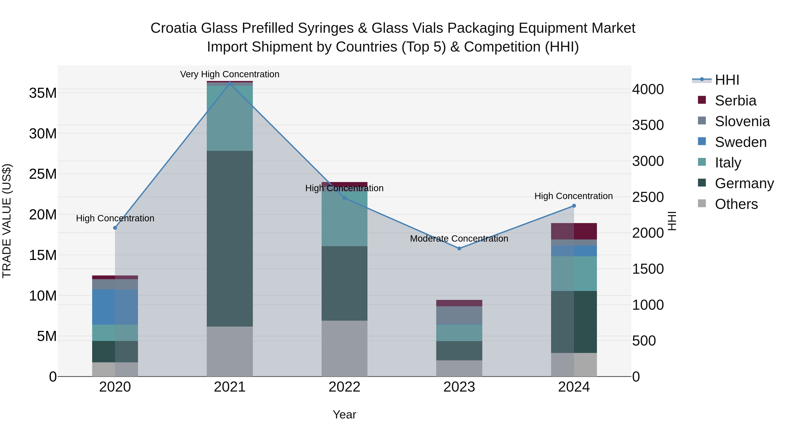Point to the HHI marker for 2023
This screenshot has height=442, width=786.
[459, 248]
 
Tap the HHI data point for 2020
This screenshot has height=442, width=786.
[115, 228]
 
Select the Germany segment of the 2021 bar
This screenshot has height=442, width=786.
[230, 239]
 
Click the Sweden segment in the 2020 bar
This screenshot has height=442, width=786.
[115, 307]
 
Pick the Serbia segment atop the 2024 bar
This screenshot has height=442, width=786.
[574, 231]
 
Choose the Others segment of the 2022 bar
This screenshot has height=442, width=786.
[345, 348]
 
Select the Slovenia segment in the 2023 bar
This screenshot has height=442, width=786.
[459, 315]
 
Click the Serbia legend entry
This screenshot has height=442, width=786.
[735, 101]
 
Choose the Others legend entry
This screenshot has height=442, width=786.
[736, 204]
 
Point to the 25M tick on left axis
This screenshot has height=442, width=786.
[43, 174]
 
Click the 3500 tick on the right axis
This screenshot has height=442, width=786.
[648, 125]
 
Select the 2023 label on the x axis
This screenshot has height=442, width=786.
[459, 387]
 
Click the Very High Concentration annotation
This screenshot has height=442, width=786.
[230, 74]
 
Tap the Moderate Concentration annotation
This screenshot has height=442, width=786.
[459, 239]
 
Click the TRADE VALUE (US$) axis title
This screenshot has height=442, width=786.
[7, 221]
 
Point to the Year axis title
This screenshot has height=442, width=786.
[345, 414]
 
